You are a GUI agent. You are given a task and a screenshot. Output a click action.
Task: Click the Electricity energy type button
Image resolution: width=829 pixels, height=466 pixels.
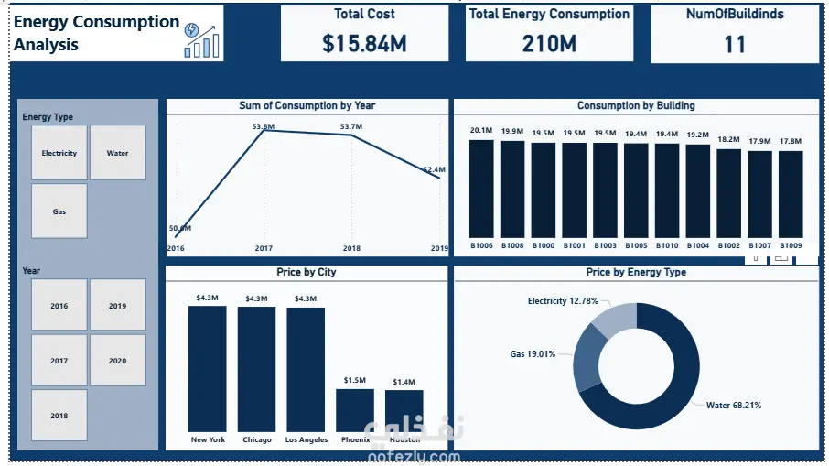pos(59,153)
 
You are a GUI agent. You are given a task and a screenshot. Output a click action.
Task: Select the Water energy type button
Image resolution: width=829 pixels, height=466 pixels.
pos(117,153)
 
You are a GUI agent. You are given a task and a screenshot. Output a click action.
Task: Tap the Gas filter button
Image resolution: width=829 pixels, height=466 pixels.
pos(59,211)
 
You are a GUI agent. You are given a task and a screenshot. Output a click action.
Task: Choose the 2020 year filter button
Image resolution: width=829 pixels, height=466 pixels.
pos(117,361)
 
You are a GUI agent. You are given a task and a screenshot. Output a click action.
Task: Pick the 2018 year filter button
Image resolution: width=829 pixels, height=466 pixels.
pos(59,416)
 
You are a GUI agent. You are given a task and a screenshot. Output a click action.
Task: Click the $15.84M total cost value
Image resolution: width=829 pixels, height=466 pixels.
pos(364,43)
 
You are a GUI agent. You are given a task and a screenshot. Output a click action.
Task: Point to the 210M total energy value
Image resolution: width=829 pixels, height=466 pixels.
pos(548,43)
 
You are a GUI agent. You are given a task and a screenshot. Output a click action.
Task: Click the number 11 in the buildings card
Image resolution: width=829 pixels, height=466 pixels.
pos(734,43)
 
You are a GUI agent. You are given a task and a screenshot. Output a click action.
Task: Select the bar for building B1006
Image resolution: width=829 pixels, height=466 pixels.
pos(481,189)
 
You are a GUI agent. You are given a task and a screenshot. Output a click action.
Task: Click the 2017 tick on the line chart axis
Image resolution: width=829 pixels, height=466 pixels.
pos(264,248)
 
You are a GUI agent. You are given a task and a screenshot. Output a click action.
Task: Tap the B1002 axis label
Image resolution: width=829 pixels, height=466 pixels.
pos(728,245)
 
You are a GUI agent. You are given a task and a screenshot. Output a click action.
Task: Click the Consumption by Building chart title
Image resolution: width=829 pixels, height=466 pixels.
pos(636,106)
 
